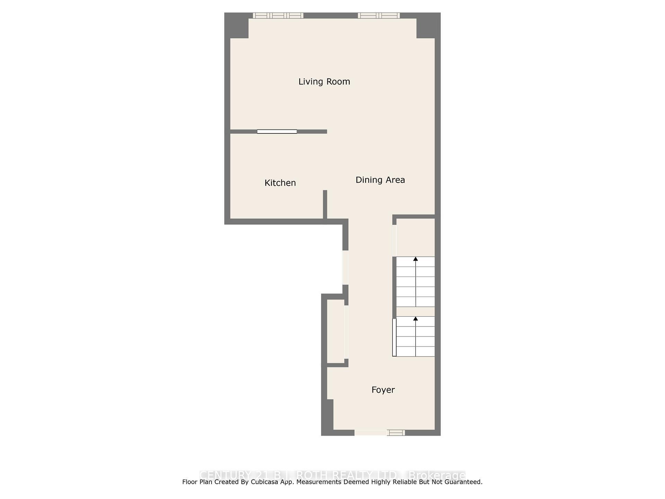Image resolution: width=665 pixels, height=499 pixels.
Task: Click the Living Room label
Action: [x=324, y=82]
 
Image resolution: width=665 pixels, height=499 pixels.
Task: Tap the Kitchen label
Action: [x=280, y=183]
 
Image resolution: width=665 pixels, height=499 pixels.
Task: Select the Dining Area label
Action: [x=380, y=180]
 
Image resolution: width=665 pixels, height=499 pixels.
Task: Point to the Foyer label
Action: [x=383, y=390]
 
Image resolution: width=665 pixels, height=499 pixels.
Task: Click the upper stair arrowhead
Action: [x=415, y=259]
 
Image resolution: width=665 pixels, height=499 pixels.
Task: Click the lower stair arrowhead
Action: [x=415, y=318]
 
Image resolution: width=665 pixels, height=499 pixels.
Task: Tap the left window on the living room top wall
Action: [x=278, y=15]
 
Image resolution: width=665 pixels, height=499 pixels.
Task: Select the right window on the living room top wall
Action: [x=379, y=15]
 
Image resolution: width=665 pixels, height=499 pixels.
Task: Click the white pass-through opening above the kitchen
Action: [x=277, y=132]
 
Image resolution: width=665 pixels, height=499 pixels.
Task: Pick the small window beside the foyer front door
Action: [x=396, y=432]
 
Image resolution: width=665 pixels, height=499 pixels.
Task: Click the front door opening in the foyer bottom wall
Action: [x=370, y=432]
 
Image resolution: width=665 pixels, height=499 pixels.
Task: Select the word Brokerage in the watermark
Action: [x=437, y=475]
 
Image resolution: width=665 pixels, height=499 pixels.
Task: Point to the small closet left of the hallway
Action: [x=335, y=331]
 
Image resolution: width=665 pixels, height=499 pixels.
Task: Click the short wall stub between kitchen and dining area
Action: [x=325, y=204]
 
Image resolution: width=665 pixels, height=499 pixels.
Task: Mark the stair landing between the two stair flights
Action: [x=415, y=312]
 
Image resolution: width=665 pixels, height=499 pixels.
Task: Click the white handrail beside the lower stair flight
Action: [x=394, y=337]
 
